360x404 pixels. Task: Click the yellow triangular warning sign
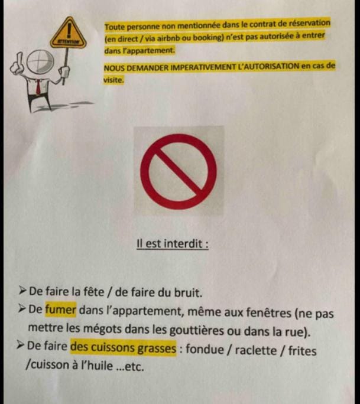click(68, 34)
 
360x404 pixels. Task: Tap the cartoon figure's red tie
click(38, 87)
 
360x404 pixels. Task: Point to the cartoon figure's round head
click(40, 61)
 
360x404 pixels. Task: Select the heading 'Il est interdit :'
click(173, 243)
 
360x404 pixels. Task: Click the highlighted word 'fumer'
click(61, 309)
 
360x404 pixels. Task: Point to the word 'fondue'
click(205, 349)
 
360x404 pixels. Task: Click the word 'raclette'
click(255, 350)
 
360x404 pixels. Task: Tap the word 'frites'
click(302, 351)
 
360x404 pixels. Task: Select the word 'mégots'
click(102, 328)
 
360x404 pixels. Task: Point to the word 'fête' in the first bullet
click(94, 291)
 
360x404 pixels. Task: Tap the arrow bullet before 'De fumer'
click(22, 308)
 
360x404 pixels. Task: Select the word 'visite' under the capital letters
click(113, 80)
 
